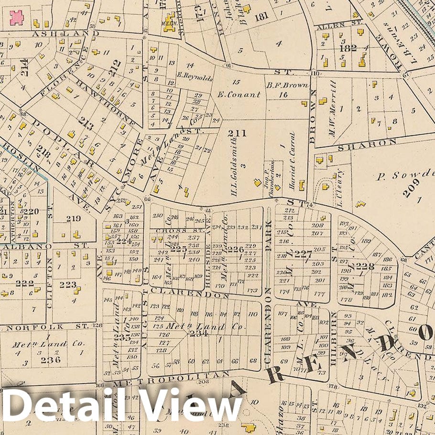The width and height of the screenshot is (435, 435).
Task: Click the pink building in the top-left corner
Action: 17,18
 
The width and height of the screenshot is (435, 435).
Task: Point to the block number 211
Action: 237,133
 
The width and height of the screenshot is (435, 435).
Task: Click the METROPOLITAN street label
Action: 172,379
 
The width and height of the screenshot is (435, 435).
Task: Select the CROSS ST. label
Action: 174,230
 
